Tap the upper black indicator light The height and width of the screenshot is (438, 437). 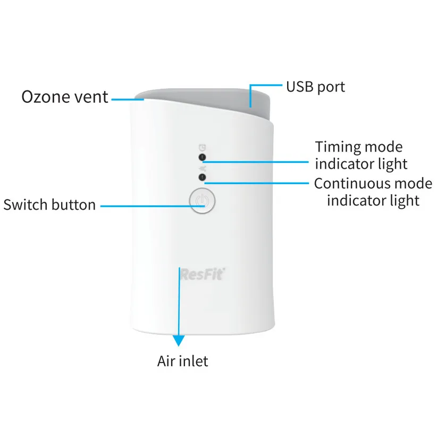click(x=202, y=157)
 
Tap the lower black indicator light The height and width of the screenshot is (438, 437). click(x=202, y=177)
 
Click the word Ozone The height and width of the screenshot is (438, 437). click(x=45, y=97)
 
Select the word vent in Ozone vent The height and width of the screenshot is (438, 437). click(x=89, y=97)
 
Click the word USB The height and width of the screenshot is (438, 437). click(x=299, y=86)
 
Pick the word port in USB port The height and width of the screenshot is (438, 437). click(x=331, y=87)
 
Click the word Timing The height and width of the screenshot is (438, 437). click(x=338, y=147)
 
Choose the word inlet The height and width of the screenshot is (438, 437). click(x=193, y=361)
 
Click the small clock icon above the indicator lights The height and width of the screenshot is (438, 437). click(x=202, y=146)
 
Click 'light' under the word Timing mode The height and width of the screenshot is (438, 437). click(x=391, y=164)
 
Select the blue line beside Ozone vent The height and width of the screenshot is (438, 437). click(x=123, y=98)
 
